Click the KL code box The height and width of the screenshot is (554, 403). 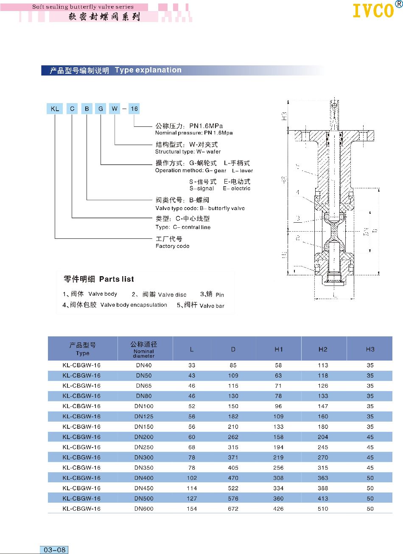[x=55, y=109]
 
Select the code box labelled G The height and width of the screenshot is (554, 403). [x=101, y=109]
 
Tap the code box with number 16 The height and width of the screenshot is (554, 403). [x=134, y=109]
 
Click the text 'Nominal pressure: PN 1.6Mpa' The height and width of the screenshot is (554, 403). [x=194, y=133]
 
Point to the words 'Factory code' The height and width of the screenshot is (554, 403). [x=172, y=246]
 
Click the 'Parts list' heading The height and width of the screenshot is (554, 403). [x=116, y=279]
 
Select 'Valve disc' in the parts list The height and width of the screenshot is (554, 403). [x=172, y=294]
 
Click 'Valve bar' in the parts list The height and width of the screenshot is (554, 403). [x=212, y=305]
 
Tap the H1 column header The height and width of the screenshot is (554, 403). [x=278, y=349]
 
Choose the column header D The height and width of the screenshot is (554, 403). [x=233, y=349]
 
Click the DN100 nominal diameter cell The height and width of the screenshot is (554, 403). [x=144, y=406]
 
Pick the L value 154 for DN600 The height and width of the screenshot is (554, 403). [x=192, y=509]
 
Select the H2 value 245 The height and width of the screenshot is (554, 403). [x=323, y=447]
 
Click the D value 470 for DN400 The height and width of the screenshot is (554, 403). [x=233, y=478]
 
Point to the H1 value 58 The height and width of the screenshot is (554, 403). [x=278, y=365]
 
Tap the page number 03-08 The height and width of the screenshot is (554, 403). [x=55, y=550]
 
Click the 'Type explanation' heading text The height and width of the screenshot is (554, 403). [x=148, y=70]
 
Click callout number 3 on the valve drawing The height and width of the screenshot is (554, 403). [x=298, y=218]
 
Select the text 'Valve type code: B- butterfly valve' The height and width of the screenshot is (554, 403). [x=200, y=208]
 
